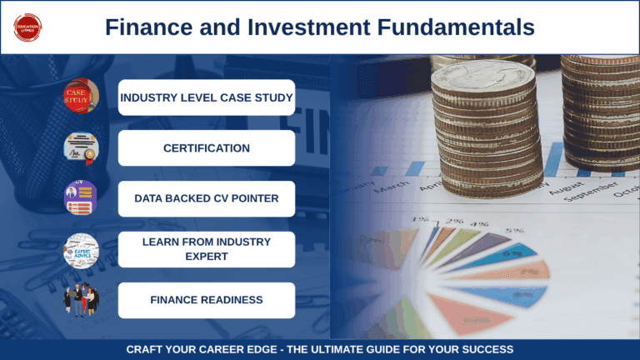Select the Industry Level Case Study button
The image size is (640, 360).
pos(206,97)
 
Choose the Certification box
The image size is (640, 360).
pos(206,148)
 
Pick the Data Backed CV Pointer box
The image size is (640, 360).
pos(206,199)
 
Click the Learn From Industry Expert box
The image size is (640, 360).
pos(206,249)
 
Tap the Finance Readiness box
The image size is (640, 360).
pos(206,300)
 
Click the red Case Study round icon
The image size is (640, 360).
pos(81,97)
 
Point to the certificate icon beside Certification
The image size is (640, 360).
pos(81,147)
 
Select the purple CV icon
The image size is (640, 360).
pos(81,198)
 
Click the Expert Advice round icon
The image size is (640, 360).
pos(81,250)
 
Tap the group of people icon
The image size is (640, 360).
pos(81,301)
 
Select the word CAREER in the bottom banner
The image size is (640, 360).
pos(238,349)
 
